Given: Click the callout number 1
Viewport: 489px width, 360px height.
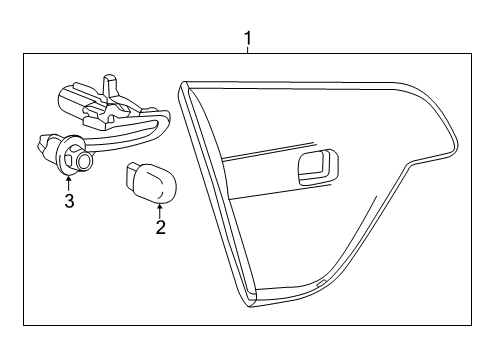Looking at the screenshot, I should (x=248, y=40).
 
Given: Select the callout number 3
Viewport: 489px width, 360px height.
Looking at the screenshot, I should (x=68, y=202).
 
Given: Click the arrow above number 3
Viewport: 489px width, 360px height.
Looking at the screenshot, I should (x=68, y=181).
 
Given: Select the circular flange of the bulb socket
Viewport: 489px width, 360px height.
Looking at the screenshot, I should (x=70, y=154).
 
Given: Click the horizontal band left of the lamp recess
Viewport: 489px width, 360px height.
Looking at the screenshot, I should (x=255, y=158).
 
